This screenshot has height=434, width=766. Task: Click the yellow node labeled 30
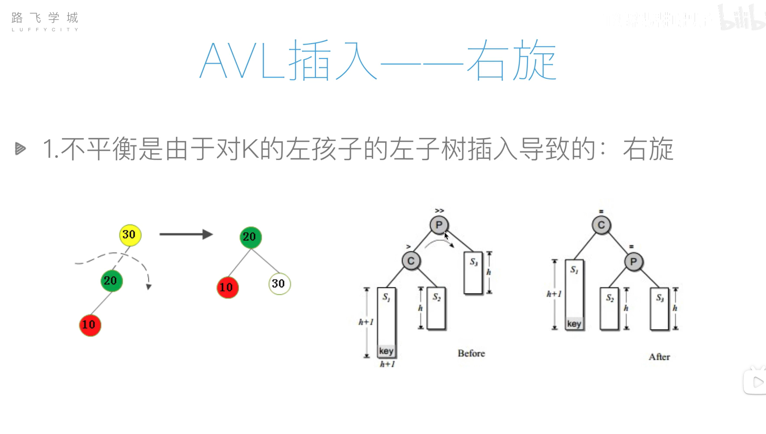click(130, 235)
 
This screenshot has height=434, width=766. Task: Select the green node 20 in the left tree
click(112, 281)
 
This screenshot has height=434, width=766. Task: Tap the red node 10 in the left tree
click(90, 325)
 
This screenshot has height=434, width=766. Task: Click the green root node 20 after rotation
click(251, 237)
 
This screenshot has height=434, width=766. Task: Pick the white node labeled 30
click(279, 284)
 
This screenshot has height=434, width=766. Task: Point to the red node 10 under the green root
click(227, 288)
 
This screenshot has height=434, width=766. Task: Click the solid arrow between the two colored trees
click(186, 234)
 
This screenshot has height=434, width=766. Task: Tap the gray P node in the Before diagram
click(439, 225)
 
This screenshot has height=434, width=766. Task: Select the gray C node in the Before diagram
click(411, 261)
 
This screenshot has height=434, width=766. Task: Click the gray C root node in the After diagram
click(601, 225)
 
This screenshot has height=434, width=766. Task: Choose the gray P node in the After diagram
click(634, 262)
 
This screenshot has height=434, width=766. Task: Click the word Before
click(471, 354)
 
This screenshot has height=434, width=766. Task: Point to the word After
click(659, 357)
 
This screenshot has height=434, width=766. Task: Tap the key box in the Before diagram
click(386, 351)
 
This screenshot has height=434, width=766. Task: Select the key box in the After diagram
click(574, 324)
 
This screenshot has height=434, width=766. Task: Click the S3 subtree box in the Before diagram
click(473, 273)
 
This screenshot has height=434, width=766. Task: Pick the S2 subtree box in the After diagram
click(609, 308)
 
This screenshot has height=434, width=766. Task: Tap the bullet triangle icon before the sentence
click(20, 149)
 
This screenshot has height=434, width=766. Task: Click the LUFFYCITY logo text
click(45, 30)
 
